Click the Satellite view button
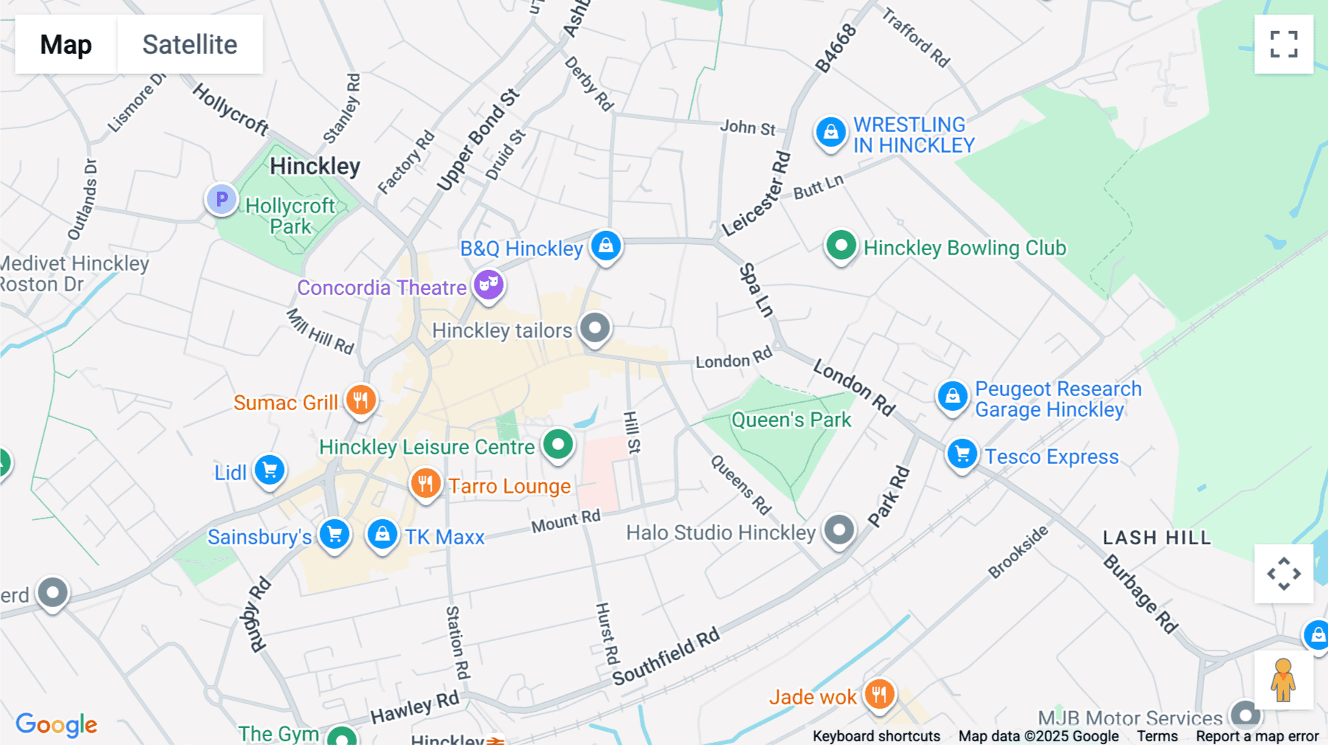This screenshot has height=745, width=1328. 190,44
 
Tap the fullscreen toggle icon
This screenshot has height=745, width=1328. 1284,44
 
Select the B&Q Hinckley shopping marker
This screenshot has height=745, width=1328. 606,246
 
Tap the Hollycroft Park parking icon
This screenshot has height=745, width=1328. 221,198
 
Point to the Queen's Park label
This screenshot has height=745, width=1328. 791,420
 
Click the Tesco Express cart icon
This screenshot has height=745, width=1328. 962,454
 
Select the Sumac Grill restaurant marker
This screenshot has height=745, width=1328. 361,401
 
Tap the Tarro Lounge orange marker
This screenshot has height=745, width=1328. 426,484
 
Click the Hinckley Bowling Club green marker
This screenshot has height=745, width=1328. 840,246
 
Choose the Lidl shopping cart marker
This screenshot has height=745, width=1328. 269,470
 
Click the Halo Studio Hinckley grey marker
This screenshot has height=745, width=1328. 839,530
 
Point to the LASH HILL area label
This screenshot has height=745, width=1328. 1156,538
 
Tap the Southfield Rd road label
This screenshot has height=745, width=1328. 665,656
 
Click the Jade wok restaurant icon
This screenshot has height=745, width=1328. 879,694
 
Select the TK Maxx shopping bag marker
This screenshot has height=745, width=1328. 382,534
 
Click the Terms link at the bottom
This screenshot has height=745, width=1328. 1157,736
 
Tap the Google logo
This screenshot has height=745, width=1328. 56,724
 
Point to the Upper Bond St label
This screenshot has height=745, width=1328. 477,140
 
